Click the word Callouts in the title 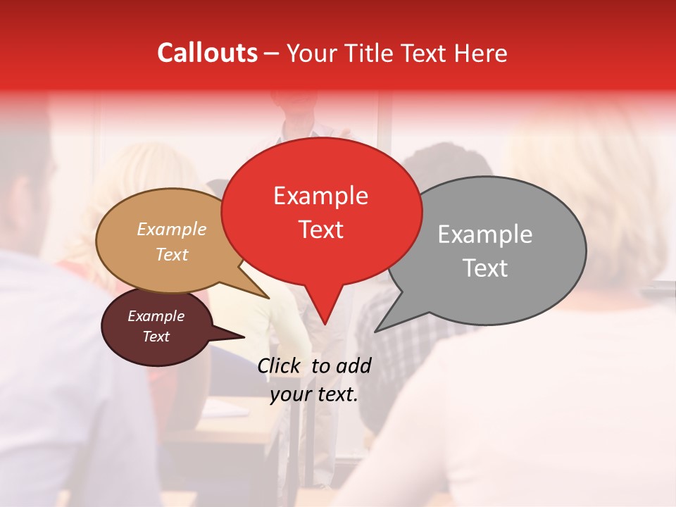point(207,53)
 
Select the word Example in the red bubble point(320,196)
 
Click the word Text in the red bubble point(321,230)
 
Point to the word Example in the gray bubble point(485,234)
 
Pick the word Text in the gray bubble point(485,268)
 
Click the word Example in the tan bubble point(172,229)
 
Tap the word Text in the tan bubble point(172,254)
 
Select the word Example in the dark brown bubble point(156,316)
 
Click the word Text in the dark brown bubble point(156,337)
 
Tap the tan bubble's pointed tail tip point(268,298)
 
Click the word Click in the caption point(280,365)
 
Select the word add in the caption point(353,365)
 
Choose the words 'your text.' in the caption point(314,394)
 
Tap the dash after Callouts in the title point(273,54)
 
